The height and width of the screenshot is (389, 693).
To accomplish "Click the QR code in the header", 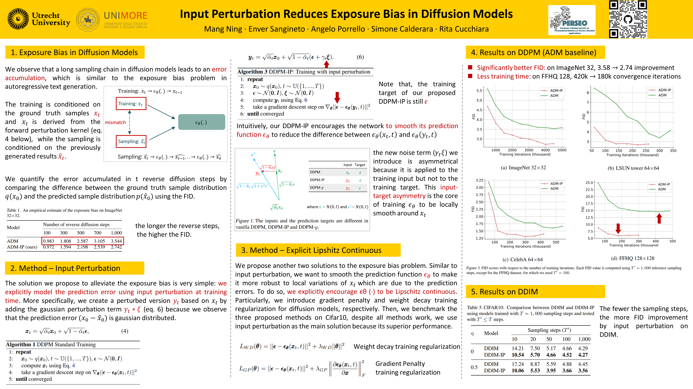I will pos(628,19).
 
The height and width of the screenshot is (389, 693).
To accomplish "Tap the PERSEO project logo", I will pos(572,20).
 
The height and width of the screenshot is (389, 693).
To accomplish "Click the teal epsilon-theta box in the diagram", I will pos(202,122).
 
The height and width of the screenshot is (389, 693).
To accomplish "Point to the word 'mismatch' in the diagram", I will pos(115,123).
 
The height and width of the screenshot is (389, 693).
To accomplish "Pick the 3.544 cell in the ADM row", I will pos(116,241).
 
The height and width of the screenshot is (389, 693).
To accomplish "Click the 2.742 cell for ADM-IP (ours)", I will pos(116,247).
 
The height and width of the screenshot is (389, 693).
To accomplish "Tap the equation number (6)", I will pos(360,57).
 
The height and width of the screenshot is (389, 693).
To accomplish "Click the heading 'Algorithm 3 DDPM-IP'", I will pos(303,72).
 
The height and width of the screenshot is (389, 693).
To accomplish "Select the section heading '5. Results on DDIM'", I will pos(504,292).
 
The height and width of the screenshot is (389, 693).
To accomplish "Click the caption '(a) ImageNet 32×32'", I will pos(523,168).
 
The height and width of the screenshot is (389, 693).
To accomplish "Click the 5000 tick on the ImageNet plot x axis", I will pos(562,150).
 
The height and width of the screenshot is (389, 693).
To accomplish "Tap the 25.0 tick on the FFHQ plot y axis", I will pos(589,183).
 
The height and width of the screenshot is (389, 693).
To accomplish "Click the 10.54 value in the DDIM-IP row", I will pos(518,355).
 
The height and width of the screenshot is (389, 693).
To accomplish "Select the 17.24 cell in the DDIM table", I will pos(518,364).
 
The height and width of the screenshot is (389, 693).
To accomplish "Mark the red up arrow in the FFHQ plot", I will pos(659,218).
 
